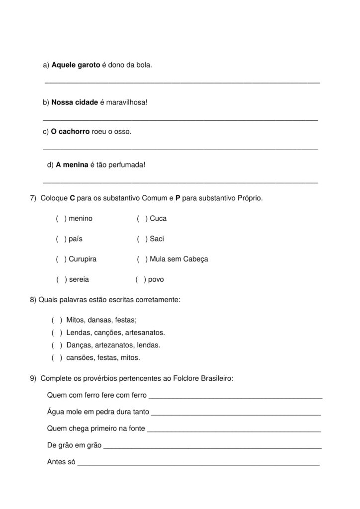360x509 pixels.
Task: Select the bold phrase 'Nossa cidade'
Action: (75, 102)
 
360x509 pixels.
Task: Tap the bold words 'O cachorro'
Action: (70, 132)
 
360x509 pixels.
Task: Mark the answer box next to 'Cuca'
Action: (142, 219)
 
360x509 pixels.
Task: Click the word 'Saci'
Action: (157, 239)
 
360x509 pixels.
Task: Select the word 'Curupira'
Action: (83, 259)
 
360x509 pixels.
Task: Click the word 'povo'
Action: (156, 280)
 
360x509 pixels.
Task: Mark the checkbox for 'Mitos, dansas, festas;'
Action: (57, 320)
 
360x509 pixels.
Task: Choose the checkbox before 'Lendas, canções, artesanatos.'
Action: (57, 333)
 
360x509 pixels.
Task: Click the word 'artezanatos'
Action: (111, 345)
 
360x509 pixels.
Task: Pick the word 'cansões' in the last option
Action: (78, 357)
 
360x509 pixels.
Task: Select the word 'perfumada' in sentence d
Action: (128, 164)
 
